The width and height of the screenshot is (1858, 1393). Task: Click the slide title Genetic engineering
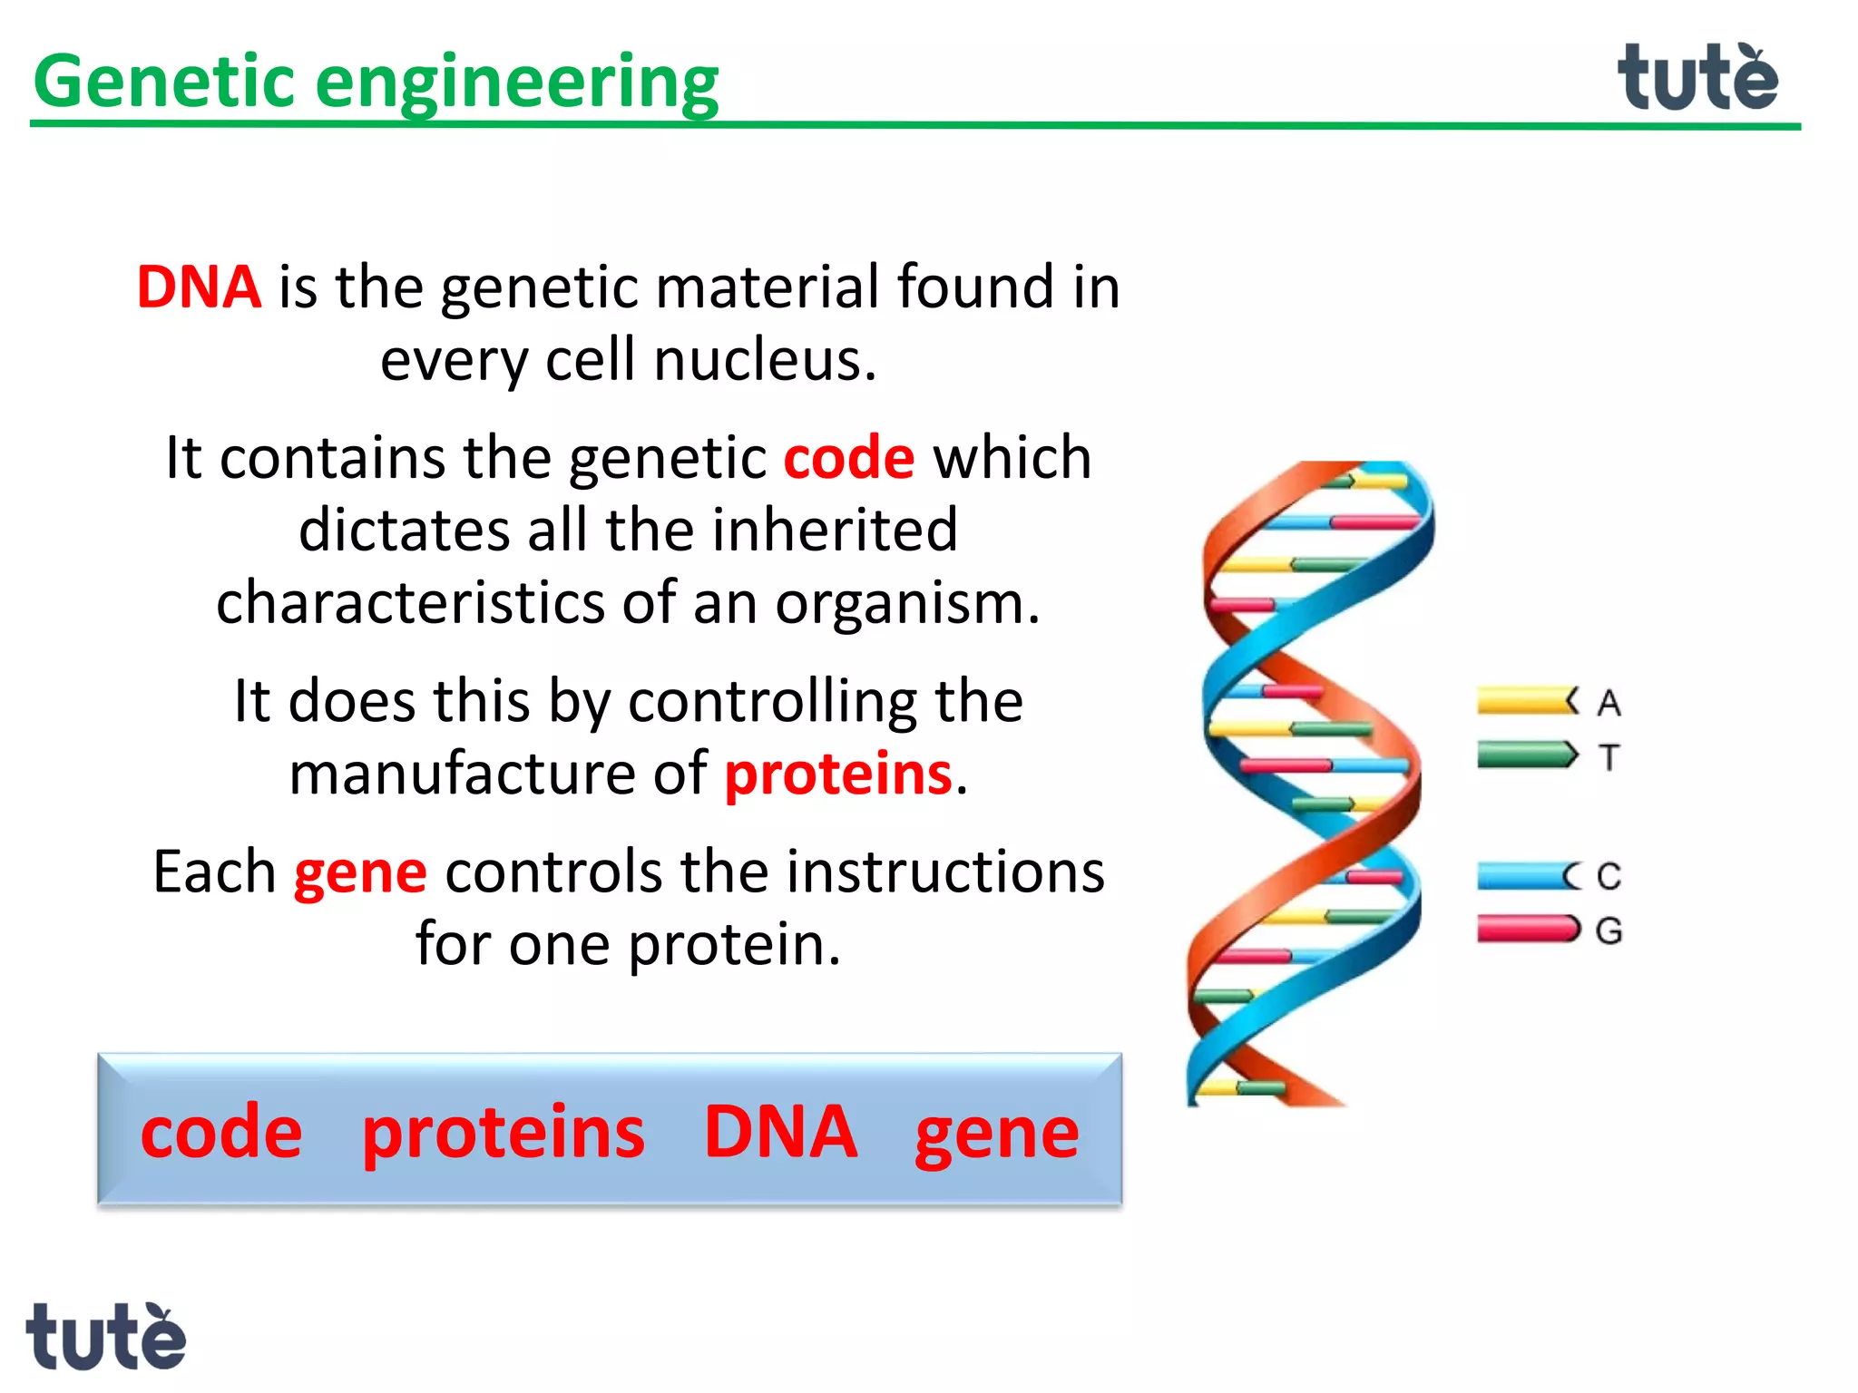click(x=376, y=82)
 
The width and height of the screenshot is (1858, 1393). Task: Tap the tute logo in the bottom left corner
click(x=105, y=1337)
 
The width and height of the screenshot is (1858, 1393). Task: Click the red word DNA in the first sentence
click(x=199, y=287)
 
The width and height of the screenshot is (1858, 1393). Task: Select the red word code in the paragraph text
click(x=848, y=458)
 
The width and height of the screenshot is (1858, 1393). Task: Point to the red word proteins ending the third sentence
click(x=838, y=774)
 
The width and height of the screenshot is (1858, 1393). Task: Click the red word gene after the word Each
click(x=360, y=872)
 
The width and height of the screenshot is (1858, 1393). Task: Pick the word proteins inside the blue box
click(x=503, y=1134)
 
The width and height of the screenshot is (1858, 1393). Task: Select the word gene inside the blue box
click(x=996, y=1134)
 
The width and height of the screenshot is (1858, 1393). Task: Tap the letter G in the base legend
click(x=1609, y=930)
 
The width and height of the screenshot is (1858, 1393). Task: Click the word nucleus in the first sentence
click(x=765, y=360)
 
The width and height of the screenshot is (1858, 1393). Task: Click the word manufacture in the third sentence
click(x=462, y=774)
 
